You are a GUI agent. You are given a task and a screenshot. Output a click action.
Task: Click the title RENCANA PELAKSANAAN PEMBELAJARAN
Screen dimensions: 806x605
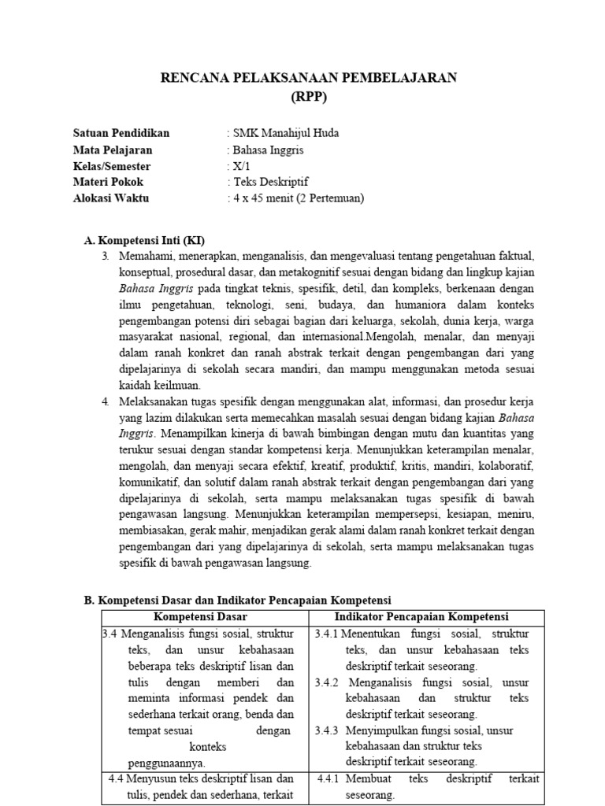[308, 77]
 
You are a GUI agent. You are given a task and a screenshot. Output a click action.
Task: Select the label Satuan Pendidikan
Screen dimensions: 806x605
[121, 133]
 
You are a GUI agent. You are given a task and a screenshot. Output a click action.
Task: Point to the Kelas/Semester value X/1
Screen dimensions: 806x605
[239, 166]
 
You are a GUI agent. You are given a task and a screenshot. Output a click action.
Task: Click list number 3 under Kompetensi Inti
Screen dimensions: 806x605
[106, 257]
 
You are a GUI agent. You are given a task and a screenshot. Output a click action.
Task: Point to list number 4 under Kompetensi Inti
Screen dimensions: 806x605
[106, 401]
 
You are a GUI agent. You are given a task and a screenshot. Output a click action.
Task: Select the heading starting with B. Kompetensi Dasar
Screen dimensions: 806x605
[237, 600]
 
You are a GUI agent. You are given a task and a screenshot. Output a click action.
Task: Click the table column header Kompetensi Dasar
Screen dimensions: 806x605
[204, 616]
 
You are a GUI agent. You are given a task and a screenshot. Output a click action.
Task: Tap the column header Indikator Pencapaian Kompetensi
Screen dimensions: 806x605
[421, 616]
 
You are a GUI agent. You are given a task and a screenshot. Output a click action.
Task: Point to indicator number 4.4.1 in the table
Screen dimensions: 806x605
[327, 779]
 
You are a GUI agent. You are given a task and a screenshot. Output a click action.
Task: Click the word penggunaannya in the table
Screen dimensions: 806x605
[166, 763]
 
